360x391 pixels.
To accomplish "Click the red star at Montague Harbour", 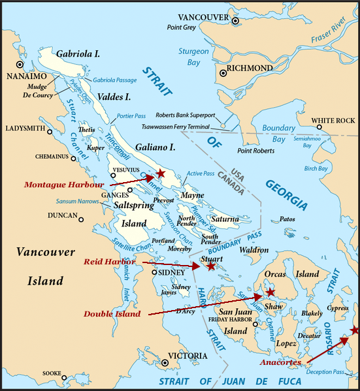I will tap(161, 174).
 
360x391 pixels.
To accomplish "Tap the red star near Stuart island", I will tap(210, 266).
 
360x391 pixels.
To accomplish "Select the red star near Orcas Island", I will tap(270, 292).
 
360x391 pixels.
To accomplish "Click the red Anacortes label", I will tap(280, 362).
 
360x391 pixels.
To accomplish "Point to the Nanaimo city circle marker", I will tap(20, 65).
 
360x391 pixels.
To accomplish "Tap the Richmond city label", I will tap(249, 69).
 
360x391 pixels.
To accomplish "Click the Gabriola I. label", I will tap(78, 54).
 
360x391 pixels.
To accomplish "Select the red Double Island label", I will tap(112, 314).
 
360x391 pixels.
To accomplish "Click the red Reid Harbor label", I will tap(110, 262).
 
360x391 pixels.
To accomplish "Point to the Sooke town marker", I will tap(64, 377).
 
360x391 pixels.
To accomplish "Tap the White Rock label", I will tap(333, 121).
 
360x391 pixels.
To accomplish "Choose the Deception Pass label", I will tap(329, 372).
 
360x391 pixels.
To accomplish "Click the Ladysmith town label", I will tap(24, 128).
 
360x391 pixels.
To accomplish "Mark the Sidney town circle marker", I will tap(155, 272).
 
